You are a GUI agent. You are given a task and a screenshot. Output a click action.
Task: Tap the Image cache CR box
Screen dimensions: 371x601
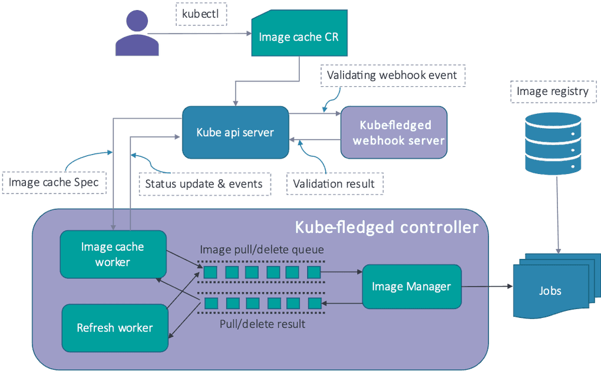(299, 37)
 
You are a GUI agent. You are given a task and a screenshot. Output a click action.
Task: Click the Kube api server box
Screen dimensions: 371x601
(235, 132)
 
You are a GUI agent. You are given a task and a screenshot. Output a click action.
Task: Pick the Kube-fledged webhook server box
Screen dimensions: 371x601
(394, 132)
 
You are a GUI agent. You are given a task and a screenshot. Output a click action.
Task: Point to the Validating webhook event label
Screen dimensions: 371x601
(392, 75)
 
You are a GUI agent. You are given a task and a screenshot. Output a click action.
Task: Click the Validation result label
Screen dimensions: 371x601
(334, 183)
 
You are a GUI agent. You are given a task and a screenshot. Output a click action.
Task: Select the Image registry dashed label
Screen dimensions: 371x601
(552, 91)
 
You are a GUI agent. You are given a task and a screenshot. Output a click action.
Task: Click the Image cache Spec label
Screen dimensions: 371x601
(54, 183)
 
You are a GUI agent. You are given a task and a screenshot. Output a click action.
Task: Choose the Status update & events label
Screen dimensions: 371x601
(204, 183)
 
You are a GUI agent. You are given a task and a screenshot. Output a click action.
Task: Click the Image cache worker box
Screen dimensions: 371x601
(113, 254)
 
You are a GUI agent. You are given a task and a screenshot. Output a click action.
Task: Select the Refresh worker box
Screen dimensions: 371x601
(115, 328)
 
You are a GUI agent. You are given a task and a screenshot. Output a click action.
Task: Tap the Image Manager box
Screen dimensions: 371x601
(411, 287)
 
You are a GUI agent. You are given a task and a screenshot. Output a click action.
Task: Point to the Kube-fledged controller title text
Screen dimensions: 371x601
(386, 227)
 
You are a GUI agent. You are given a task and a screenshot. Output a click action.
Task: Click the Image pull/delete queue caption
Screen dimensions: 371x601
(262, 249)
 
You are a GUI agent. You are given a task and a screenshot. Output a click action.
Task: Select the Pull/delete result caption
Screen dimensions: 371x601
(262, 324)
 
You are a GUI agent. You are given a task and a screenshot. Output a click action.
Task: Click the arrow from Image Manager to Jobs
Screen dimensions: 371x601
(487, 287)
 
